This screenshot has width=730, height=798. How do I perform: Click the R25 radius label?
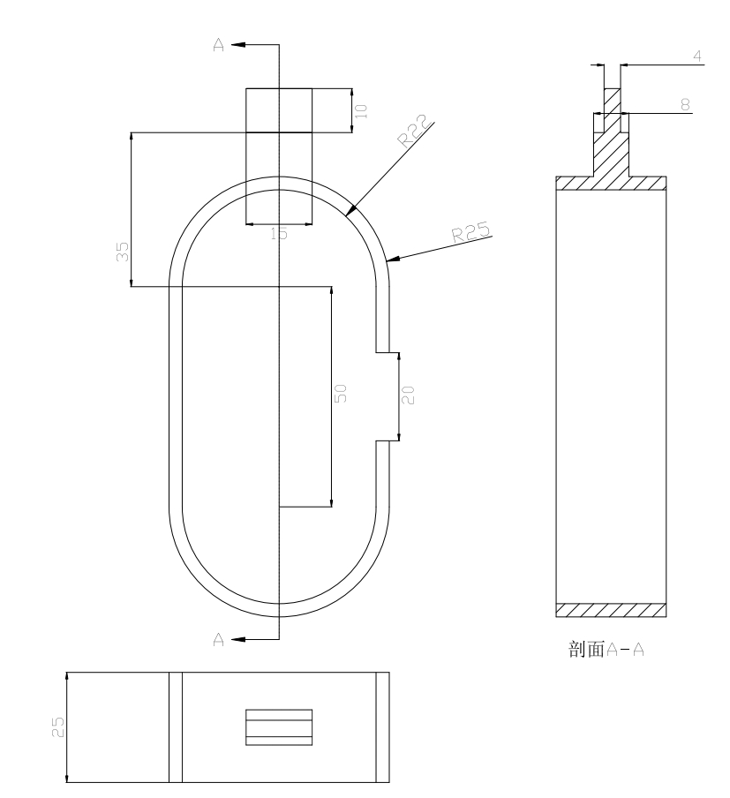[471, 231]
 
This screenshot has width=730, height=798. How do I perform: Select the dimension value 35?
[124, 251]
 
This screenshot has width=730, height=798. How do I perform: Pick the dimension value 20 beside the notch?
[408, 395]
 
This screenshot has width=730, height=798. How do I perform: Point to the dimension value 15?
[279, 234]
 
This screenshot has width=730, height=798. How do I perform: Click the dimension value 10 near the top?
[361, 110]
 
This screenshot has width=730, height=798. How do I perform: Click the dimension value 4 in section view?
[697, 56]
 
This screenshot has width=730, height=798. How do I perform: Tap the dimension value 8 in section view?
[685, 103]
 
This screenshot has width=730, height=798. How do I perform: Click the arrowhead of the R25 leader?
[392, 260]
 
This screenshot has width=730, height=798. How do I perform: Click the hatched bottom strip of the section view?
[610, 610]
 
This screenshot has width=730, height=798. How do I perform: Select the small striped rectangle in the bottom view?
[278, 726]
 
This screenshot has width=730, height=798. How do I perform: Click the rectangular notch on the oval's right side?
[388, 395]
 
